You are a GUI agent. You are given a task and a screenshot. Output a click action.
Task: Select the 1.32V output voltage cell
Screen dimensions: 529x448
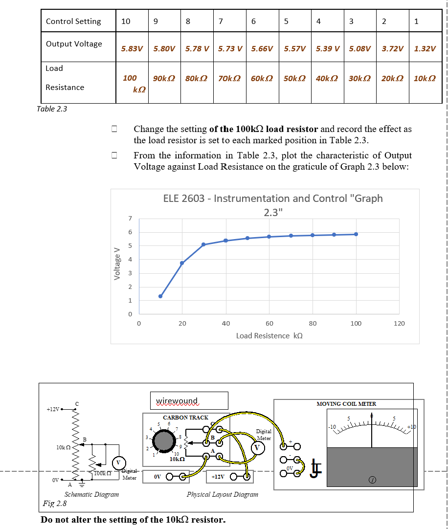[x=425, y=49]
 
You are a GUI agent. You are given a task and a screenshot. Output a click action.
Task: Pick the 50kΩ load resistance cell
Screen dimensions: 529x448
[x=295, y=78]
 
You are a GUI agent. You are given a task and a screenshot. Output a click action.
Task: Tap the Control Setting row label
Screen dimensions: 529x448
[x=73, y=21]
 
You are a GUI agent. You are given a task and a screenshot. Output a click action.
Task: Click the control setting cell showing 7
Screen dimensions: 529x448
[x=221, y=21]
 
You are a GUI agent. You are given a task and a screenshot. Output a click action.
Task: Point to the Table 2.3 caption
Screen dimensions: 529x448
[x=52, y=109]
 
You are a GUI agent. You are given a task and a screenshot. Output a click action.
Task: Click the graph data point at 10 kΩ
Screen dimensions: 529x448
[x=160, y=296]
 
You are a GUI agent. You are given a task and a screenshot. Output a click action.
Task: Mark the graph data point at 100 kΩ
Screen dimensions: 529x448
[x=356, y=234]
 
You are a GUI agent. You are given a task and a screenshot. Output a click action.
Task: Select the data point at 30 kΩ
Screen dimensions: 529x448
[x=203, y=244]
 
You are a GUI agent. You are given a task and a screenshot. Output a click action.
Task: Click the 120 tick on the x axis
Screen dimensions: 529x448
[x=399, y=324]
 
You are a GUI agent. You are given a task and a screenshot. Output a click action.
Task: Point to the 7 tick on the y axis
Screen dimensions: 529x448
[x=130, y=218]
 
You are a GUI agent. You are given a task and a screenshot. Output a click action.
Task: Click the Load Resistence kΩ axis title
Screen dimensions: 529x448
[x=269, y=336]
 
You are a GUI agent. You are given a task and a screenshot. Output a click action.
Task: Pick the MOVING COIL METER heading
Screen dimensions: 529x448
[x=346, y=404]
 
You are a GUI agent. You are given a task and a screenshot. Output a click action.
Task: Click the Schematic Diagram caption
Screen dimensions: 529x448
[x=91, y=494]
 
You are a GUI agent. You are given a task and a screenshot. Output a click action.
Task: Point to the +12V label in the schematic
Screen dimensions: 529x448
[x=53, y=409]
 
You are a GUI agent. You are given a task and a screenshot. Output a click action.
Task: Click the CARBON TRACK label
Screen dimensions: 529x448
[x=185, y=418]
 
